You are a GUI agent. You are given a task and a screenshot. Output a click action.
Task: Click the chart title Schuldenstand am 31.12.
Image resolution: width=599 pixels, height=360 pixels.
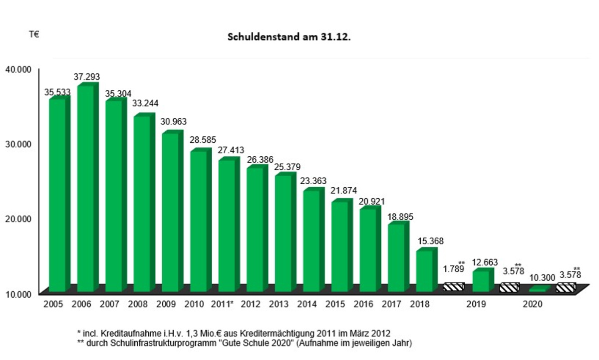pyautogui.click(x=289, y=37)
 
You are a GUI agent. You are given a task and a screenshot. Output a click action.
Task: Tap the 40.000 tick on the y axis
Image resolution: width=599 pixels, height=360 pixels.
pyautogui.click(x=18, y=69)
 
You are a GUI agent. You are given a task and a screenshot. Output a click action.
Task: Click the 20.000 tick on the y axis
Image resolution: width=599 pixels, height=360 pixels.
pyautogui.click(x=18, y=218)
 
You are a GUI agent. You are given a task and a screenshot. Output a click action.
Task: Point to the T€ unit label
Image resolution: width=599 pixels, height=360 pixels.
pyautogui.click(x=34, y=35)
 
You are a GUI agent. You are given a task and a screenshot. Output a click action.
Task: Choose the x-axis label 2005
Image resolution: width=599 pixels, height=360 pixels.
pyautogui.click(x=53, y=304)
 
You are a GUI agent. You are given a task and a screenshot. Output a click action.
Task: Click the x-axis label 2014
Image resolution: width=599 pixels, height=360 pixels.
pyautogui.click(x=307, y=304)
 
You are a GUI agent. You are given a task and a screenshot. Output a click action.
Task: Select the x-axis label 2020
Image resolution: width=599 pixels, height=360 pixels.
pyautogui.click(x=533, y=304)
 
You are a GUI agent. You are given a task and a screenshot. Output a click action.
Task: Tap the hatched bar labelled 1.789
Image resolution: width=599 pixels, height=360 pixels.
pyautogui.click(x=454, y=287)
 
